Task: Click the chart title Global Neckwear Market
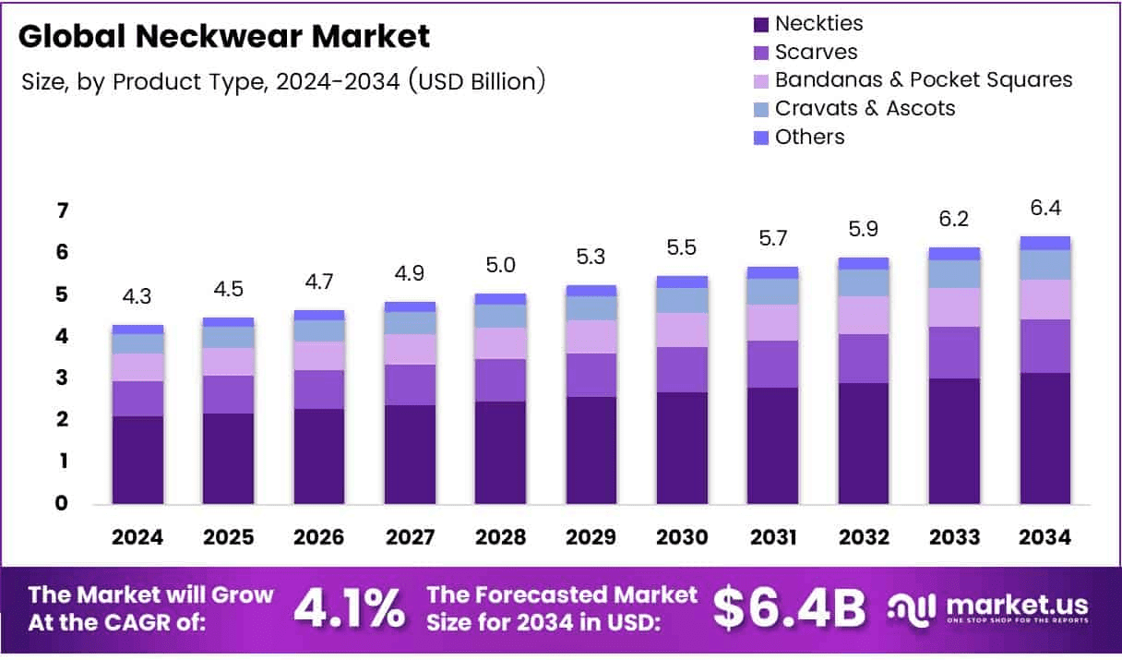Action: coord(223,37)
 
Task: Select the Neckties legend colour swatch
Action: coord(761,23)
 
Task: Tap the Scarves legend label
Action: coord(816,52)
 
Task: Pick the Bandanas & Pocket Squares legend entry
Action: coord(923,79)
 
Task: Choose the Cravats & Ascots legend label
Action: coord(865,108)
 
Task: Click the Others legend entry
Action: coord(809,137)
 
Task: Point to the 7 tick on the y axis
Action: coord(62,211)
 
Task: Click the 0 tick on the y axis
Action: coord(62,503)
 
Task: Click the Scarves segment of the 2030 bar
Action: coord(682,369)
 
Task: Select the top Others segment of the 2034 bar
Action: coord(1045,243)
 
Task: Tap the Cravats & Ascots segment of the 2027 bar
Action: coord(410,322)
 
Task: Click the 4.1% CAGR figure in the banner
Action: coord(349,607)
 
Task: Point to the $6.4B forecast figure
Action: coord(790,607)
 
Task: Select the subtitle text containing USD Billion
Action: coord(282,81)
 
